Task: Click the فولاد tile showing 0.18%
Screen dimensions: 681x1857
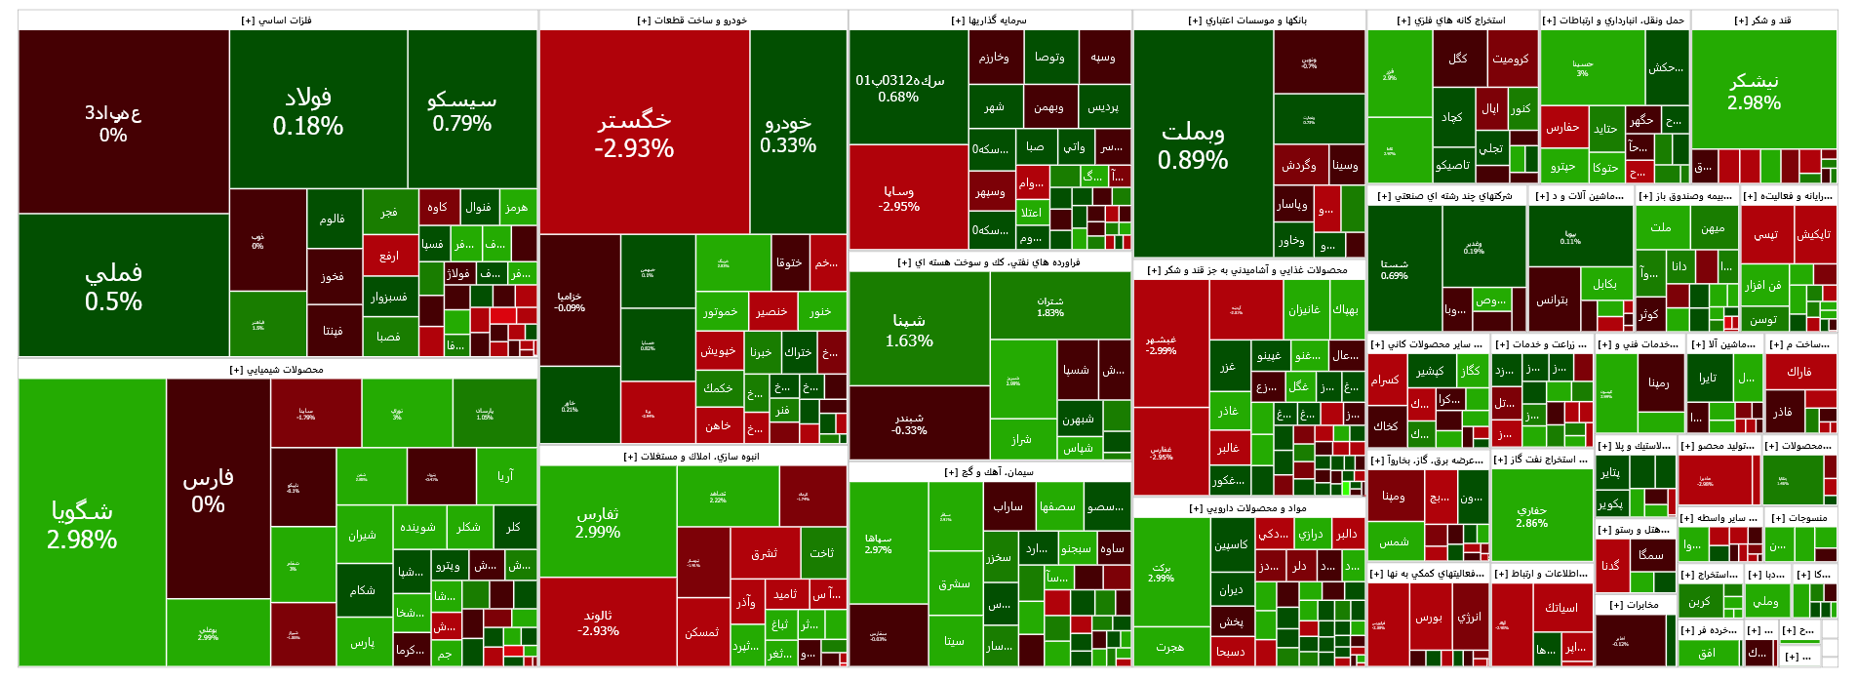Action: click(308, 111)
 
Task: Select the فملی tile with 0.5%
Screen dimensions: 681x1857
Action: click(114, 286)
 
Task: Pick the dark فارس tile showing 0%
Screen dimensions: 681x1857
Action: click(208, 490)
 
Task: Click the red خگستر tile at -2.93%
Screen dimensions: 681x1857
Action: click(635, 134)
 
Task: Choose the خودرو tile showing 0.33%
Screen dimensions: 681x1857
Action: click(788, 134)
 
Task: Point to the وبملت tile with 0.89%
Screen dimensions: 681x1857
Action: click(1193, 145)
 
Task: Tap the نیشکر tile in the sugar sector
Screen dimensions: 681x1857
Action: click(1754, 92)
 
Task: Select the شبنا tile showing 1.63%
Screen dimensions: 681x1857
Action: click(909, 330)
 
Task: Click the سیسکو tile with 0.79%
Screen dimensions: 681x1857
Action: click(462, 111)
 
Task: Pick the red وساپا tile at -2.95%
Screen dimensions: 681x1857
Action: click(898, 198)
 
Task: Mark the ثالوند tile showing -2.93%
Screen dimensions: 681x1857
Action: click(598, 622)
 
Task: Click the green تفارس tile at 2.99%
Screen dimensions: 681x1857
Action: click(598, 522)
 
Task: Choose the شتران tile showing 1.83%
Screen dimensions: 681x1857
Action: click(1050, 306)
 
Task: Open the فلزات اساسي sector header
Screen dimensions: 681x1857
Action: click(277, 20)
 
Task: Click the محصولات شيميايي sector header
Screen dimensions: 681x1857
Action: click(277, 370)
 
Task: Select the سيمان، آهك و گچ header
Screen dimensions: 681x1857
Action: click(989, 472)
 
